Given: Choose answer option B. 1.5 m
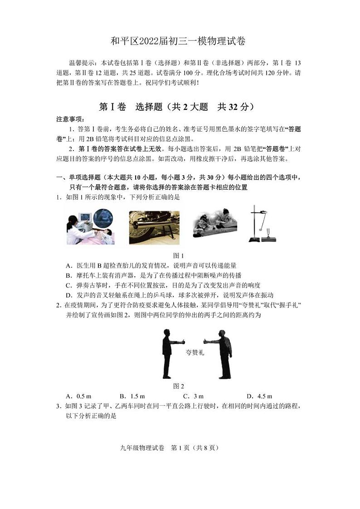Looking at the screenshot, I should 132,396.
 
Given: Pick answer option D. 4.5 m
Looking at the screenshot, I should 259,396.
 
